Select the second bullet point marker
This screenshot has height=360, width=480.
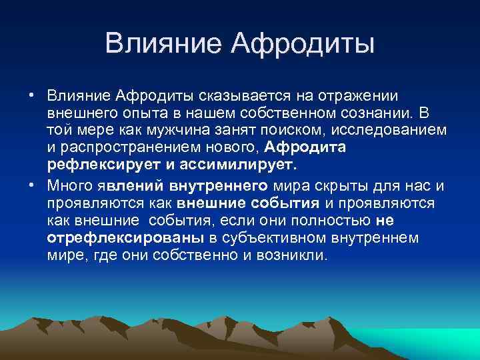point(31,185)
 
